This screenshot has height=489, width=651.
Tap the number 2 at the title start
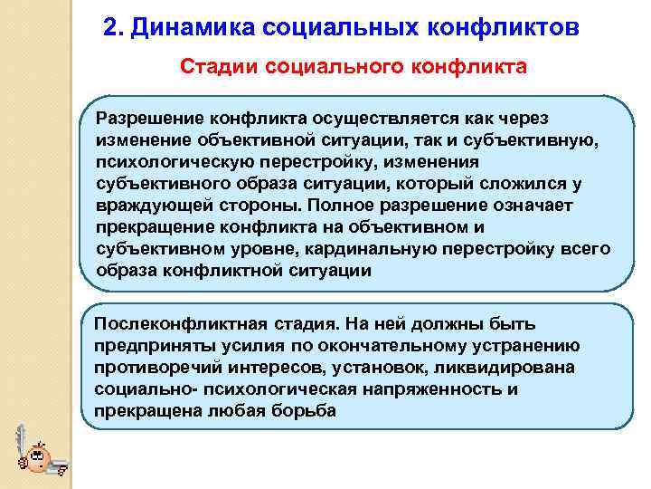click(109, 26)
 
